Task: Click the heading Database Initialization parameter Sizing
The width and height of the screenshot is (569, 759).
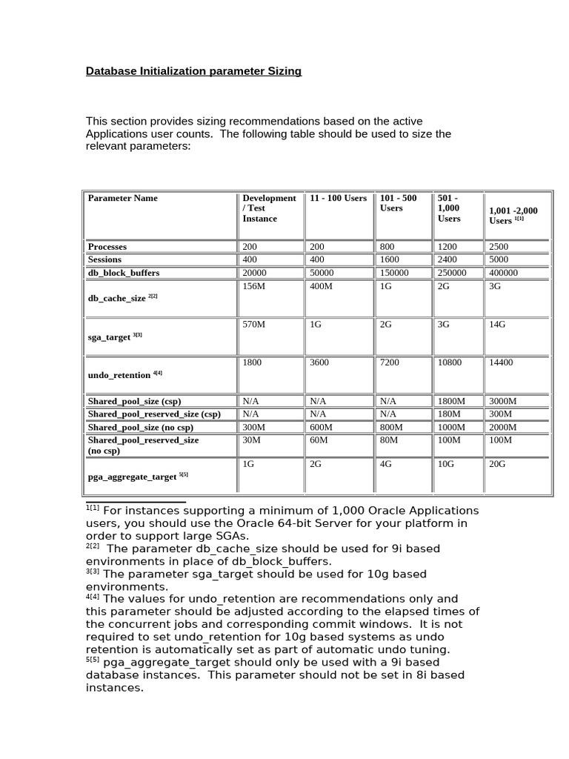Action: click(193, 71)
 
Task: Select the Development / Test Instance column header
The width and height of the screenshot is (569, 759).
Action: click(268, 208)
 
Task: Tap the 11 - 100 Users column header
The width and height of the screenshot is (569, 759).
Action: click(338, 199)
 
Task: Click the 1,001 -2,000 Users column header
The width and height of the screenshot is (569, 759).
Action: click(513, 216)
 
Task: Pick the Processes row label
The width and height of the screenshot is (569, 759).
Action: click(107, 247)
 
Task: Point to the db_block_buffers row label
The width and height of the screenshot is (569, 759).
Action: click(124, 273)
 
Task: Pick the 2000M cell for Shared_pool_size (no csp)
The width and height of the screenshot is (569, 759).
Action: click(503, 428)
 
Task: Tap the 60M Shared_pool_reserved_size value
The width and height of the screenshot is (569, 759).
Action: click(321, 440)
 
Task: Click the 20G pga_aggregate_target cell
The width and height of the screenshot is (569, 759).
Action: click(497, 464)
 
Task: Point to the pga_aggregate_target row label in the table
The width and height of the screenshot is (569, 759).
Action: click(133, 477)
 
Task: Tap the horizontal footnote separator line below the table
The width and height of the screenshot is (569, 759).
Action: click(136, 503)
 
